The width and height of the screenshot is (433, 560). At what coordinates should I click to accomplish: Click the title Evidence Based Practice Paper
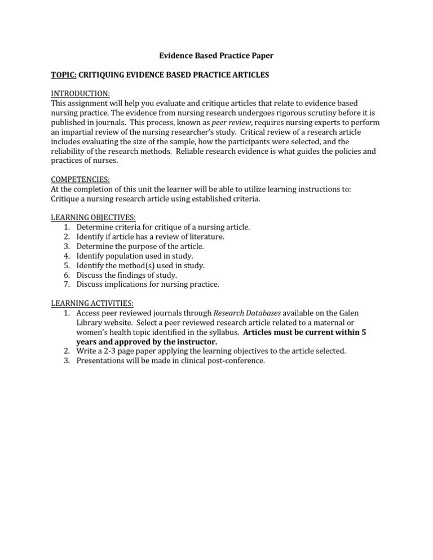pos(216,56)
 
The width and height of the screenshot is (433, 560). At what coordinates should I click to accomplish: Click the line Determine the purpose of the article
pos(140,246)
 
